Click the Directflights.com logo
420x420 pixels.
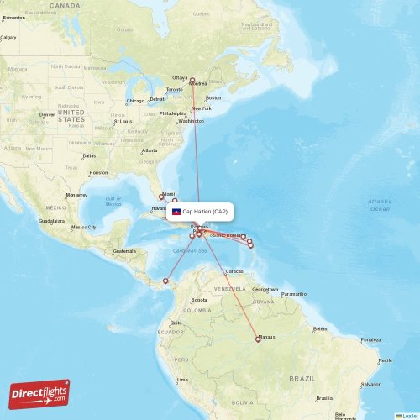39,393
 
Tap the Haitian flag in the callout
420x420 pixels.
176,212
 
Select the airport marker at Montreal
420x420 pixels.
192,81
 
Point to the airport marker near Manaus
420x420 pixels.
258,340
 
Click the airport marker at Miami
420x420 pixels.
161,197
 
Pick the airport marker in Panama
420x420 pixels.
165,281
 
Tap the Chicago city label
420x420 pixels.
135,101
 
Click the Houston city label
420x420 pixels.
97,173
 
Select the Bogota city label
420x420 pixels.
199,299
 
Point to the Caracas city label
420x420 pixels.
234,271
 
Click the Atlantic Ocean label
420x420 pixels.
380,204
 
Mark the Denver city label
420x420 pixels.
47,114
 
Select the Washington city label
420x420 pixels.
191,121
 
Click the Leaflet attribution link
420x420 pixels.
409,416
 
